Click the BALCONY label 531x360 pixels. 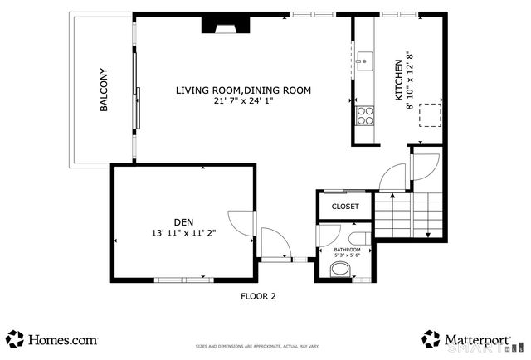(104, 90)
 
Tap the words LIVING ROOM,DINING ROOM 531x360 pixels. (243, 90)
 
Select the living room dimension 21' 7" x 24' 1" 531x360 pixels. (243, 100)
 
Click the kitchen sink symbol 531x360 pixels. (364, 60)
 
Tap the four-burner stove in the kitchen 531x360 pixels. (365, 115)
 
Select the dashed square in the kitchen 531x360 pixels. (430, 114)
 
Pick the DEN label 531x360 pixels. (183, 221)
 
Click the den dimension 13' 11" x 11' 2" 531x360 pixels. (183, 233)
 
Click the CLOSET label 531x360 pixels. (345, 207)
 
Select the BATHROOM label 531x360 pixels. (347, 250)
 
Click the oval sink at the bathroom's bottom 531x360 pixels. (340, 270)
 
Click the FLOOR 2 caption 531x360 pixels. (258, 296)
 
